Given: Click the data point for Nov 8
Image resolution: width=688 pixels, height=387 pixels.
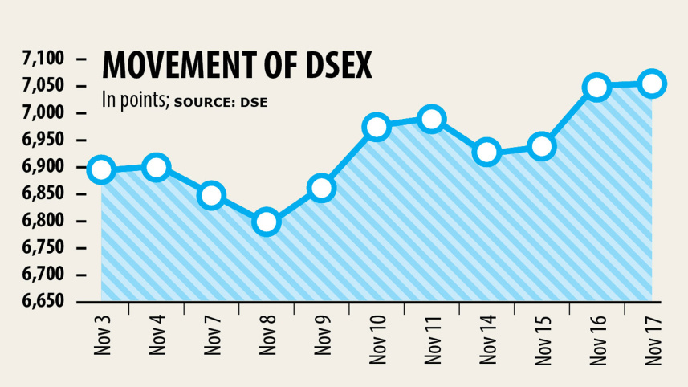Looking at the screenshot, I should click(267, 222).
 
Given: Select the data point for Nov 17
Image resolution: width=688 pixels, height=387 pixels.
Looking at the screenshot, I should click(652, 84).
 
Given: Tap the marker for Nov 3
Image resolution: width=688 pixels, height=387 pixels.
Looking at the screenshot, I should click(101, 170).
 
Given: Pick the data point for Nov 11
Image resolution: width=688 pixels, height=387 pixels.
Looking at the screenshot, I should click(432, 120).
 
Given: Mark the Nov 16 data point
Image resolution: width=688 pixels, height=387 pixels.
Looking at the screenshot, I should click(597, 88).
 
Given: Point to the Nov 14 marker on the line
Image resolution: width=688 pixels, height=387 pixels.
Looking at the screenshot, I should click(486, 152).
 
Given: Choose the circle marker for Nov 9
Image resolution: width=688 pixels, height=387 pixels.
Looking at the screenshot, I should click(321, 189).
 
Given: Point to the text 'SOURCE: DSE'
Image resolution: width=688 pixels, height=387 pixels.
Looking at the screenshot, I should click(220, 102).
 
